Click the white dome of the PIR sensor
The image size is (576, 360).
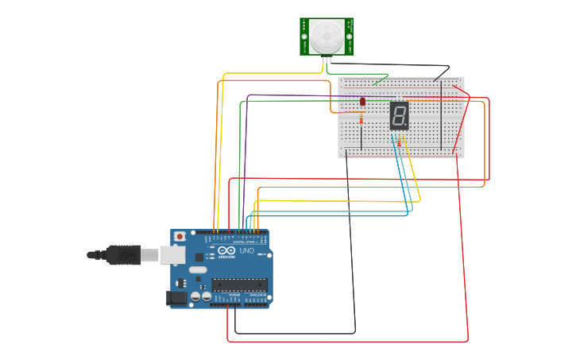coord(327,35)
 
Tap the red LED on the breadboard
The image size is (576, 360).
coord(362,101)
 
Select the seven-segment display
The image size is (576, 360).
coord(399,116)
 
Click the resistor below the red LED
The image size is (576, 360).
coord(362,120)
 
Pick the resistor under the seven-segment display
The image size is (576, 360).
coord(399,142)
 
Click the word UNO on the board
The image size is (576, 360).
coord(246,251)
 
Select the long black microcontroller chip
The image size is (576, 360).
coord(239,285)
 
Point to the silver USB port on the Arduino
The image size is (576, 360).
coord(172,254)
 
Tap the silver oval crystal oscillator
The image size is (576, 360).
coord(198,270)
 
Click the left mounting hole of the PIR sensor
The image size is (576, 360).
coord(303,37)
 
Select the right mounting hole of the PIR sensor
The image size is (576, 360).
coord(350,37)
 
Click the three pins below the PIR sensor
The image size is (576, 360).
coord(327,60)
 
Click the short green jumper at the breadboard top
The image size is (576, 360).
coord(380,78)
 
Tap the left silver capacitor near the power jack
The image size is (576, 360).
coord(195,296)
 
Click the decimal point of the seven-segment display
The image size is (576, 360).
coord(407,127)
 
